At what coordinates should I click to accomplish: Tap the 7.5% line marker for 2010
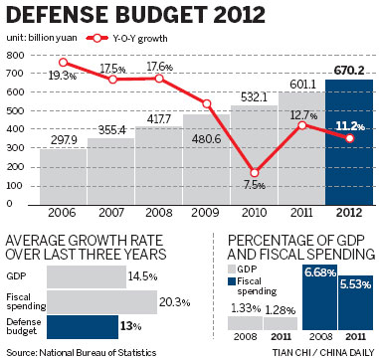(x=255, y=172)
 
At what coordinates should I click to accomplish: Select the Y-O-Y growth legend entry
(x=122, y=37)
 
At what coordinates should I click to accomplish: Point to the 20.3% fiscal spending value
(x=174, y=301)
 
